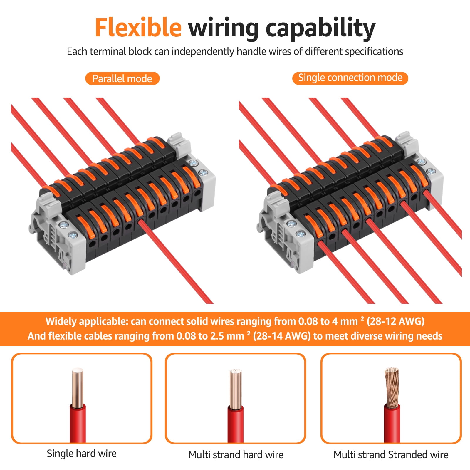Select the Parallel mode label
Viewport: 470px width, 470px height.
[x=122, y=79]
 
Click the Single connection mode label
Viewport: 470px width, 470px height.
[x=350, y=78]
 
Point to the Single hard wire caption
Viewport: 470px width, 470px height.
[x=82, y=454]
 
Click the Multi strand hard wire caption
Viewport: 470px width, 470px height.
[x=236, y=455]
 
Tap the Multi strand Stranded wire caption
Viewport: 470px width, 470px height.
[x=391, y=455]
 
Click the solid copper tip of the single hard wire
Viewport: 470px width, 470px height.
[x=78, y=388]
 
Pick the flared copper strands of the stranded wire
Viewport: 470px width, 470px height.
[x=392, y=387]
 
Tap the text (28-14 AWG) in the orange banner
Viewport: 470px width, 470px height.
[x=282, y=336]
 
